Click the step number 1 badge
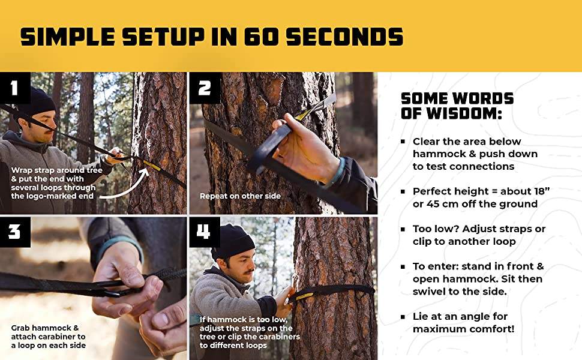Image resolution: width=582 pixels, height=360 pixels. [15, 88]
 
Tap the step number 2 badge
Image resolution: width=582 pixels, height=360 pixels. [205, 88]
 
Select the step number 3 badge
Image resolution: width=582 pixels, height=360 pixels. [15, 232]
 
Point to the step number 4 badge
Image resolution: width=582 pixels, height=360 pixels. [205, 232]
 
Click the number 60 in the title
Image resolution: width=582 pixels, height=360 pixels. [260, 37]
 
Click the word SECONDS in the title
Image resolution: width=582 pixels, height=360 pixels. [344, 37]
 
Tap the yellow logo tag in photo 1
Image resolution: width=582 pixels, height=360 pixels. [152, 166]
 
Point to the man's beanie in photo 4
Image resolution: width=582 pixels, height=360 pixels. [233, 242]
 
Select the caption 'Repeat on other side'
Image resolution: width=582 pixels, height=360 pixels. [240, 196]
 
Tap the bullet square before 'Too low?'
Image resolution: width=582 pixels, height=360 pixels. [403, 229]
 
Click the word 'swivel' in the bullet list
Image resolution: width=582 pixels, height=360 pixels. [429, 292]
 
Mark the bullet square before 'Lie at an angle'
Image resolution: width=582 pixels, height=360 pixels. [403, 317]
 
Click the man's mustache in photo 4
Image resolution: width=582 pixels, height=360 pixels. [247, 272]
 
